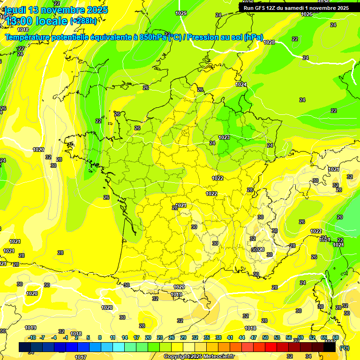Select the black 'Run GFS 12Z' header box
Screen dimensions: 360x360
[x=296, y=7]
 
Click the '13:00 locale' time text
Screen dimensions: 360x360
[x=36, y=21]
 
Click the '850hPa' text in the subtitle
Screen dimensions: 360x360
[x=153, y=37]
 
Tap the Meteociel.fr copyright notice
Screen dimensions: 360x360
[x=199, y=356]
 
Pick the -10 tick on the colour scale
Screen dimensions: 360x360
[x=32, y=337]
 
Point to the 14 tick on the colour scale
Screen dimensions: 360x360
[x=125, y=337]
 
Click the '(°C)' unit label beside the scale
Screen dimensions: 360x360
[x=344, y=348]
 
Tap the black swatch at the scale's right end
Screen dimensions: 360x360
[x=330, y=347]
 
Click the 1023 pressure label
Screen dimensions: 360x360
[x=224, y=137]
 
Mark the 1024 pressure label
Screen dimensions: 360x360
[x=241, y=84]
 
